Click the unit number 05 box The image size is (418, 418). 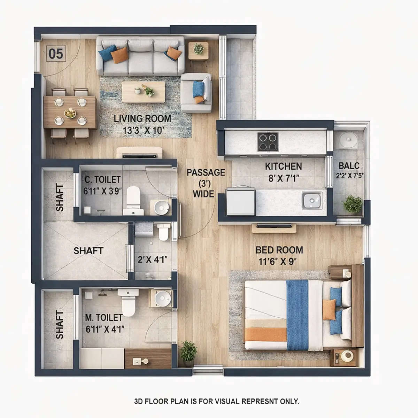[x=56, y=54]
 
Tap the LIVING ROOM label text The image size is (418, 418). [x=142, y=118]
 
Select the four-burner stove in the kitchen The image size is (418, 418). [x=268, y=142]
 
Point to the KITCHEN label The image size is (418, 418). [x=283, y=166]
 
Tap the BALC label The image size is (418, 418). [x=349, y=166]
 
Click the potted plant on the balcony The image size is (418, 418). [x=352, y=204]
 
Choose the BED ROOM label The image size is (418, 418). [x=279, y=250]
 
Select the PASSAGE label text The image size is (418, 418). [x=206, y=172]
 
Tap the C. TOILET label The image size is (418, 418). [x=103, y=180]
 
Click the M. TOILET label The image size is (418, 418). [x=103, y=318]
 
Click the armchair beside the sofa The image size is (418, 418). [x=196, y=92]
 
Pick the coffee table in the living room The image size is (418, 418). [x=144, y=92]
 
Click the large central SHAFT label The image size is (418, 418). [x=88, y=251]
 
